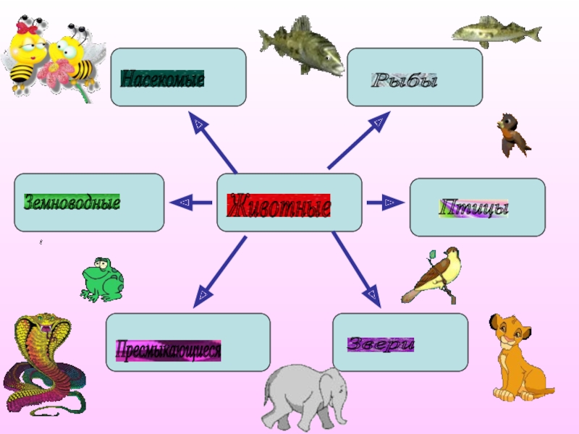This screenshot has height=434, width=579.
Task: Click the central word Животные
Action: click(x=279, y=207)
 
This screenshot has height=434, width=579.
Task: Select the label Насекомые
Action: click(x=162, y=78)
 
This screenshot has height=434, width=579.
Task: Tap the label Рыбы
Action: click(x=405, y=80)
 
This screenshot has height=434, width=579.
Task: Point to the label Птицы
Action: click(x=474, y=208)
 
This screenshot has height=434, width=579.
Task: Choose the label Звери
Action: click(x=381, y=344)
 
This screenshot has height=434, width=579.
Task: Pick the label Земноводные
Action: click(x=72, y=202)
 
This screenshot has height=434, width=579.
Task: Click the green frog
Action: click(x=101, y=278)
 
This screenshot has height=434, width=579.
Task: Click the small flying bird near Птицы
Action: click(x=512, y=135)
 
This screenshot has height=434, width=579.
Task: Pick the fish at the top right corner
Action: click(x=495, y=32)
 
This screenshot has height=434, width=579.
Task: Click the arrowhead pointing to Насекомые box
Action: click(x=198, y=124)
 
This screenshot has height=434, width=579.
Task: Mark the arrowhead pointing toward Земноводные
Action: click(x=183, y=203)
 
